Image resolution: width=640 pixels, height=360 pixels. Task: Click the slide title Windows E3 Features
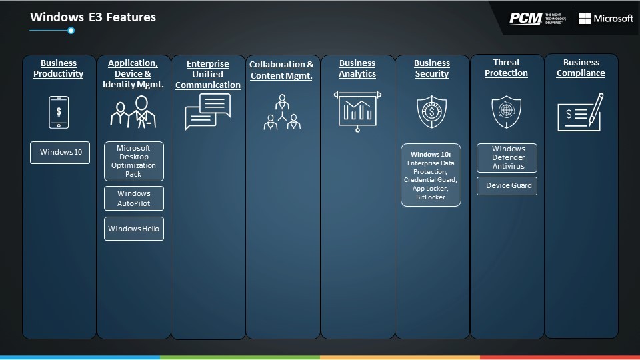click(93, 17)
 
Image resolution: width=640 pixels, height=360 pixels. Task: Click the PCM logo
click(537, 19)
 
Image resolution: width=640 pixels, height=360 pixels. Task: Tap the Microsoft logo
click(606, 19)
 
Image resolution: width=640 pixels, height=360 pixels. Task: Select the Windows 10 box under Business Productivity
click(60, 152)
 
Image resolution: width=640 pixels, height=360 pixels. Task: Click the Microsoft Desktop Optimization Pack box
click(134, 161)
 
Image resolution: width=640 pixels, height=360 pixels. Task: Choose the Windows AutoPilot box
click(134, 199)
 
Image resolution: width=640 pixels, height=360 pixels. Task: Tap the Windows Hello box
click(134, 229)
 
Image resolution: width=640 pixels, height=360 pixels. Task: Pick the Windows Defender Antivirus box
click(507, 157)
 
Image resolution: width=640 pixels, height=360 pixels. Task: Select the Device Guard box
click(507, 186)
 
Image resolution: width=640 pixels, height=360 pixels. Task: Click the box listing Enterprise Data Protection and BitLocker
click(431, 175)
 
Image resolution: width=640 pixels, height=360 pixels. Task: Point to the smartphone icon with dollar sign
click(59, 112)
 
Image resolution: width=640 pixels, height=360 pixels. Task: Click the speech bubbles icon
click(208, 111)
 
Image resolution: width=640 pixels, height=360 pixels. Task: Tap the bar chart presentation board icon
click(357, 111)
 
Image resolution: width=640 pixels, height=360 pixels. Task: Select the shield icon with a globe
click(507, 111)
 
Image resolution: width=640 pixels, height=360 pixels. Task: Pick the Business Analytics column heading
click(357, 69)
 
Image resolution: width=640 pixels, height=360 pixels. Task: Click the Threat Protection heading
click(506, 68)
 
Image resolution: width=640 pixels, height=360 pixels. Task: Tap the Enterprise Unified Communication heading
click(208, 74)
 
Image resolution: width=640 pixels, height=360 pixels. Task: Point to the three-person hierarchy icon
click(282, 112)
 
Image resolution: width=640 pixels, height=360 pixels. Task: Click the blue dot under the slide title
click(71, 30)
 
